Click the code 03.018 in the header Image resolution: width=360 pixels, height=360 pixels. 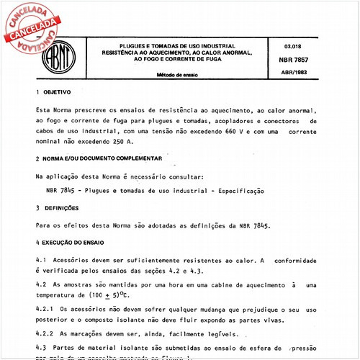[x=294, y=46]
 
